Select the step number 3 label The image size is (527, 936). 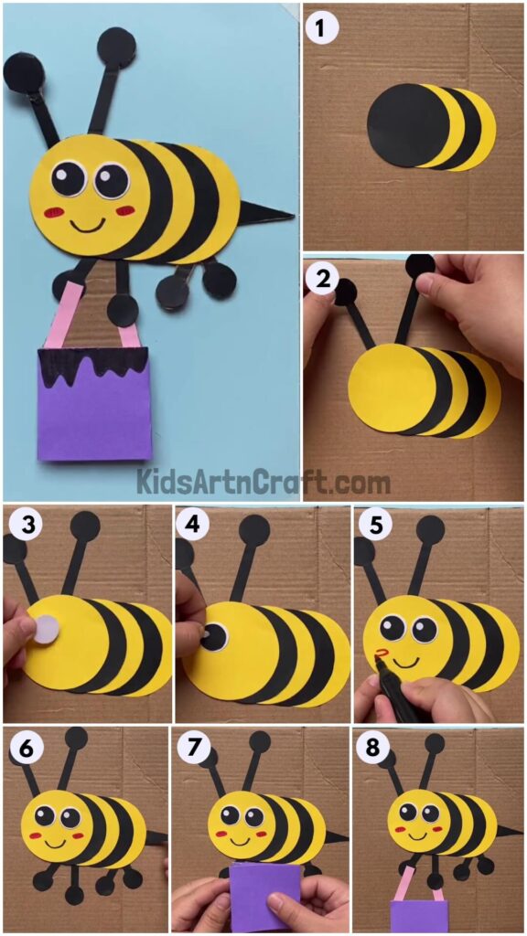click(21, 526)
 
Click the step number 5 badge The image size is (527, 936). click(371, 526)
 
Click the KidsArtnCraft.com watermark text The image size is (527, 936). click(263, 481)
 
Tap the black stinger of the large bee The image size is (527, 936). click(268, 215)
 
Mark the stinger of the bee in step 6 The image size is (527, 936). click(156, 837)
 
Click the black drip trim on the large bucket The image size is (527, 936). click(93, 366)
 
